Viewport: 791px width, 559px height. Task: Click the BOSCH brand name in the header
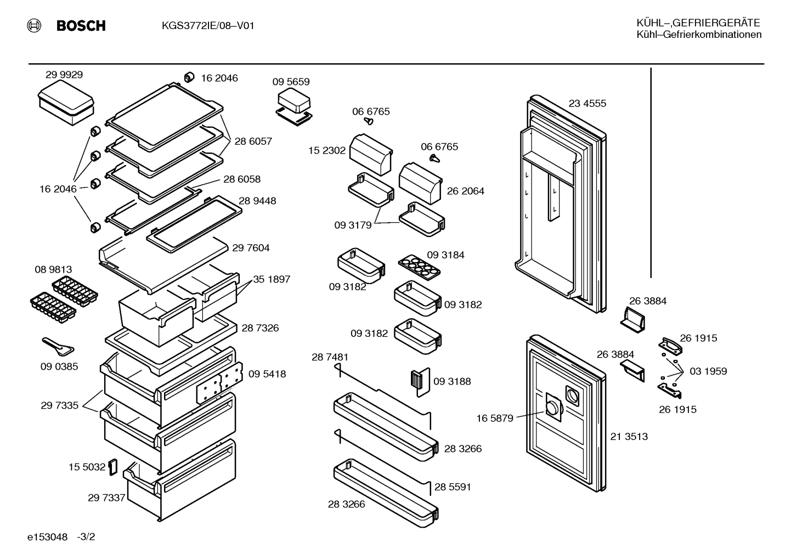click(81, 26)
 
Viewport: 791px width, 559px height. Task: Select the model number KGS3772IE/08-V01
click(208, 26)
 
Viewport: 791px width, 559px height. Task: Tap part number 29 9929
click(64, 75)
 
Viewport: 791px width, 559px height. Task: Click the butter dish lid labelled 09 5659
click(294, 99)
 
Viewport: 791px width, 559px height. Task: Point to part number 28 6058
click(242, 179)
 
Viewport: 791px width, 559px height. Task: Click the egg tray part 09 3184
click(419, 267)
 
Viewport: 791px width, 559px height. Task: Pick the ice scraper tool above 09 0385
click(58, 346)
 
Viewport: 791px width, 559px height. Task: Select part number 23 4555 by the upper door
click(587, 104)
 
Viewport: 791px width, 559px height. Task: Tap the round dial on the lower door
click(552, 409)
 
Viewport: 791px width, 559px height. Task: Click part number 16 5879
click(495, 419)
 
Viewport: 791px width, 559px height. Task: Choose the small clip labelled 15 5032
click(113, 467)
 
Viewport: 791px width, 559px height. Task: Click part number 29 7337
click(106, 498)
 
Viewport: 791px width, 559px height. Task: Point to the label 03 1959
click(708, 371)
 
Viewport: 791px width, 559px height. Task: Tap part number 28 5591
click(453, 487)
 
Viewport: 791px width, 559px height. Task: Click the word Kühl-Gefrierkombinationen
click(699, 35)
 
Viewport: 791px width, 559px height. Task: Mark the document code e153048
click(47, 537)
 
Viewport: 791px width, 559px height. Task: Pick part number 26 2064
click(465, 191)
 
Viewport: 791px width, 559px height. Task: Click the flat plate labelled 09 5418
click(219, 383)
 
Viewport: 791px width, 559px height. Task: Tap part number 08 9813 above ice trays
click(53, 269)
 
